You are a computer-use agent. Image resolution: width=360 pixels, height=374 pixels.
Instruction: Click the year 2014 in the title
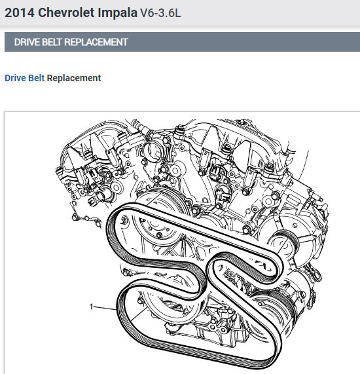click(x=20, y=12)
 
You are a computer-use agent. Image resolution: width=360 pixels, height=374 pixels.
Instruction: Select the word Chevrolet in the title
click(x=66, y=12)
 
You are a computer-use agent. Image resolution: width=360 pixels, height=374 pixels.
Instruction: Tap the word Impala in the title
click(x=118, y=13)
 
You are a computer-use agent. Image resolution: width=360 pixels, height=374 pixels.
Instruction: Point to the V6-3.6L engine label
click(x=160, y=13)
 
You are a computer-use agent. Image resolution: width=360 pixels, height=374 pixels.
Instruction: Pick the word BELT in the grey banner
click(x=52, y=42)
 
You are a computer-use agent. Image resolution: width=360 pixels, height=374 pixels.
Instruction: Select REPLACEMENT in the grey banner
click(x=96, y=42)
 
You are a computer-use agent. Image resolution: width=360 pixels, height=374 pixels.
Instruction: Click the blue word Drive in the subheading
click(x=15, y=78)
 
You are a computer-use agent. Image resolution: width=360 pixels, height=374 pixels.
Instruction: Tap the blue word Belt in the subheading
click(x=36, y=78)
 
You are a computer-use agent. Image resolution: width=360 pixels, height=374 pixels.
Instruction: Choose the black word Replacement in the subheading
click(x=74, y=78)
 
